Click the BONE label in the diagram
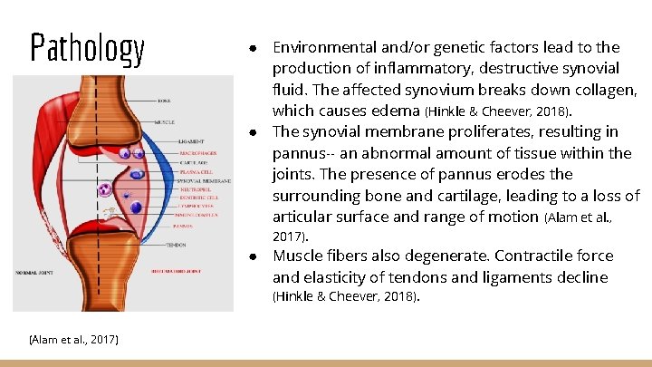click(x=164, y=101)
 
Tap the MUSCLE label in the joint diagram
click(x=164, y=121)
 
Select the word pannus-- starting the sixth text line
click(x=305, y=153)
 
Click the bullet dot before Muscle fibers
click(x=256, y=256)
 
